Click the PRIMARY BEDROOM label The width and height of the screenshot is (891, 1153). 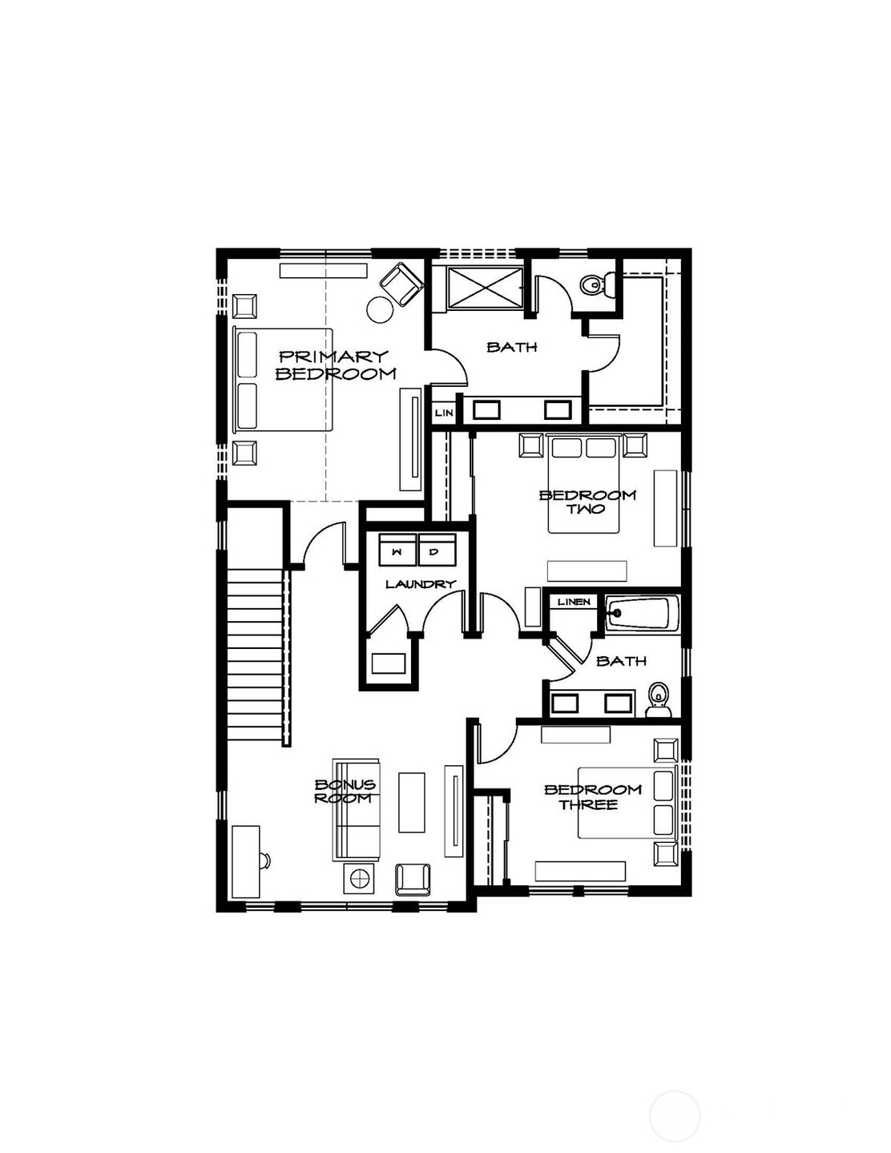tap(336, 365)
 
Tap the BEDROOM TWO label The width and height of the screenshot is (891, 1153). tap(587, 502)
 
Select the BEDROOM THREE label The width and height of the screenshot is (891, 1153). tap(593, 797)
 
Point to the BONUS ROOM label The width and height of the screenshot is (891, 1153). tap(345, 792)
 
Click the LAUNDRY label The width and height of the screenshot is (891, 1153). tap(420, 584)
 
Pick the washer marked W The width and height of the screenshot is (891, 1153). tap(397, 551)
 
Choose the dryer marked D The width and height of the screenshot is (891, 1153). tap(435, 551)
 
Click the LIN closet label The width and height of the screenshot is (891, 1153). tap(444, 413)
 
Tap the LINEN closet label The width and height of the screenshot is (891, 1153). tap(574, 602)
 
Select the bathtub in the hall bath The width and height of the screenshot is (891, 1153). tap(639, 615)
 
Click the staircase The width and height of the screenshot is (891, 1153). tap(255, 655)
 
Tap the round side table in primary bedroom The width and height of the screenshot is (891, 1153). tap(380, 308)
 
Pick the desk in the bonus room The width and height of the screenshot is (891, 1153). tap(245, 861)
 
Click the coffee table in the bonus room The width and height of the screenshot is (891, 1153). tap(412, 802)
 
